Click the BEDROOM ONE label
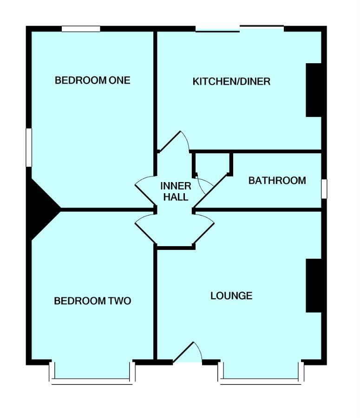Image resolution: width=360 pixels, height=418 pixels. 92,80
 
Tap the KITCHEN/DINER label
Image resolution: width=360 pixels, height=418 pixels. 231,82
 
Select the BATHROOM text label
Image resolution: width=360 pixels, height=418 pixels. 277,180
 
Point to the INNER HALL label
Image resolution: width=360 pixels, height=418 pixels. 175,191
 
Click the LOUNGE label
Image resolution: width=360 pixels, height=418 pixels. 231,295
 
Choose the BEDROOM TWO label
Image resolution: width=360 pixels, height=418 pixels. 92,301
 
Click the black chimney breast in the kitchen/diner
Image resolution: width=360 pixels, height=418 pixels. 314,90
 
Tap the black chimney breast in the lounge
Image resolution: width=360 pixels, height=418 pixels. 314,285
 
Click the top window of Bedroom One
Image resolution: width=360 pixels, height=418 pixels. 81,29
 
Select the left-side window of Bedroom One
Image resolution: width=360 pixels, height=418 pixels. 28,147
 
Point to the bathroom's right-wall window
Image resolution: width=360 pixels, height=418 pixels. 324,189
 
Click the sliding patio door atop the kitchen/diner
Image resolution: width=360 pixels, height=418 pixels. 239,29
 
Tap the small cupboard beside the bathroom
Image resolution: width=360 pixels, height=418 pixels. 212,163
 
